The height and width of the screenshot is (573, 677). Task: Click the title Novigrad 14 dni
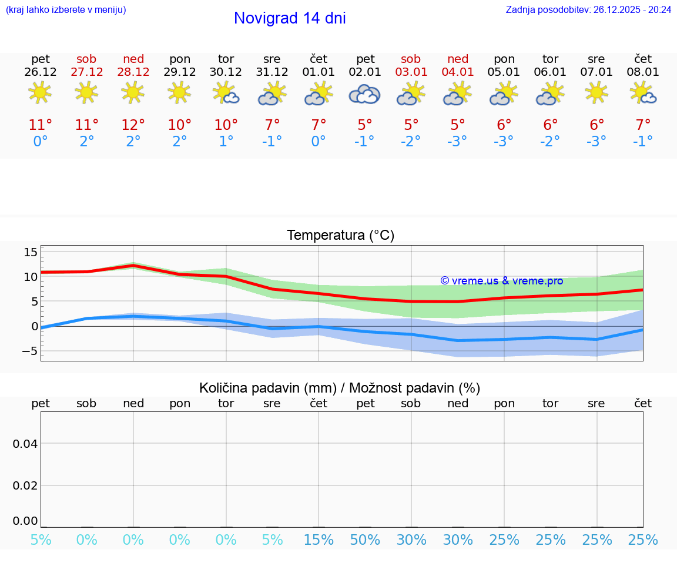click(x=290, y=18)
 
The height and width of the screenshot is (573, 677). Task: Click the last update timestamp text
click(x=588, y=9)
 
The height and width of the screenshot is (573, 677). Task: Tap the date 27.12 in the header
click(x=86, y=72)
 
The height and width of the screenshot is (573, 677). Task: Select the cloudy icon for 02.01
click(x=364, y=94)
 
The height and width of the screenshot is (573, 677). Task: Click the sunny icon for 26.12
click(x=40, y=92)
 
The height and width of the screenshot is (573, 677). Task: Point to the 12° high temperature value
click(x=133, y=125)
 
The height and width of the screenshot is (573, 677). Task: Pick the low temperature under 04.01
click(x=457, y=141)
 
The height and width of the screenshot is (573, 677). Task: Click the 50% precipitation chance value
click(x=365, y=540)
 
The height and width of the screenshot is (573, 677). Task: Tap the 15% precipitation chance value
click(x=319, y=540)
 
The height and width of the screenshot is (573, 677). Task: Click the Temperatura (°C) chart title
click(x=340, y=235)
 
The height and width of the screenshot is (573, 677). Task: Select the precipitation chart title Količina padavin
click(x=340, y=388)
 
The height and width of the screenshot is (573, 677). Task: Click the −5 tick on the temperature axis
click(x=29, y=351)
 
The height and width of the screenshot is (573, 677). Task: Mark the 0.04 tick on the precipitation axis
click(x=25, y=444)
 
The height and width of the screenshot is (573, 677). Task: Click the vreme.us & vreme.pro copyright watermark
click(x=501, y=281)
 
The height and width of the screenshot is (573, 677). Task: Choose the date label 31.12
click(x=272, y=72)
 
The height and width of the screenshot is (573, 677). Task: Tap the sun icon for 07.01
click(x=596, y=92)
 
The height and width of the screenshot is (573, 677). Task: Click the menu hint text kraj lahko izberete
click(x=65, y=9)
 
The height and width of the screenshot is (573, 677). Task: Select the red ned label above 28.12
click(x=133, y=59)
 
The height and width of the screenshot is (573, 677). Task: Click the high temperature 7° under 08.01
click(x=643, y=125)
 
